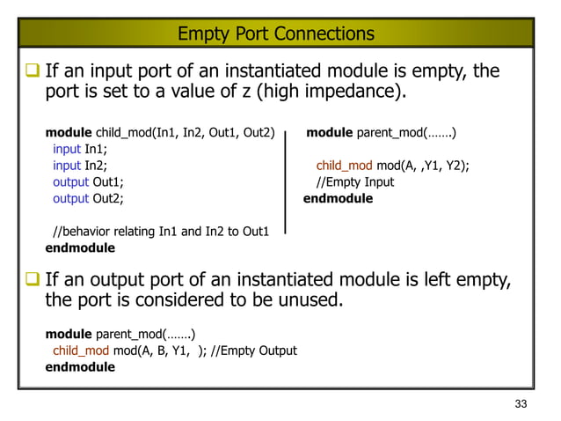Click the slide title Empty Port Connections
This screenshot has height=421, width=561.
click(x=275, y=34)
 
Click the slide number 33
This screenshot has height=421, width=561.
click(x=521, y=403)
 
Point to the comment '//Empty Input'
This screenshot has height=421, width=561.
click(x=355, y=182)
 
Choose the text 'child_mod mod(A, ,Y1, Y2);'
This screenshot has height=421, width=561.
click(x=392, y=166)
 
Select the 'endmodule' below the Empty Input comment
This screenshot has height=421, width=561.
click(x=338, y=199)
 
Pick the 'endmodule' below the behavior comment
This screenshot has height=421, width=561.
click(x=80, y=248)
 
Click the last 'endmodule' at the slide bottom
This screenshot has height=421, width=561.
click(x=80, y=366)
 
